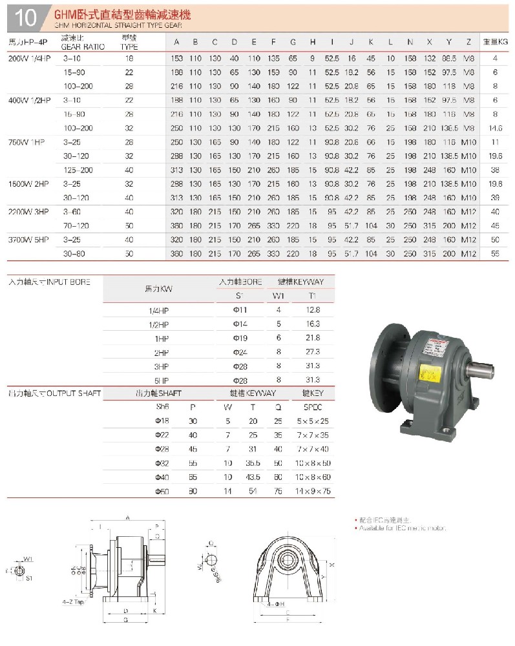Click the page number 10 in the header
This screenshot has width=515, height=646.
(x=25, y=17)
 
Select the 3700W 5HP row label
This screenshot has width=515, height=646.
(x=28, y=239)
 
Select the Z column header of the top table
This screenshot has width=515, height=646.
(x=468, y=42)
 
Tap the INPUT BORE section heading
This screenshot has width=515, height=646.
(x=49, y=282)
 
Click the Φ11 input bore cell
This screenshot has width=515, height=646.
(x=240, y=310)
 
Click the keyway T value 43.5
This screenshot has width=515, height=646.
(x=253, y=477)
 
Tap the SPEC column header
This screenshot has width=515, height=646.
(x=312, y=407)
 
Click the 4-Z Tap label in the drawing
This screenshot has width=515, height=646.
(x=73, y=601)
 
